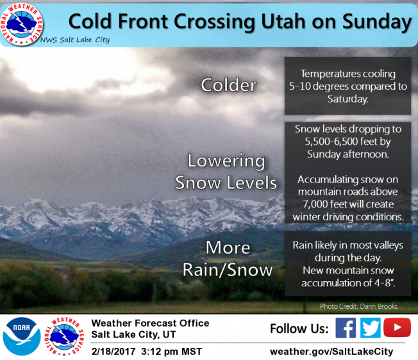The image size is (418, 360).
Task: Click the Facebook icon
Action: [x=346, y=328]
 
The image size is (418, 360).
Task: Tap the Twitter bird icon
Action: [x=371, y=328]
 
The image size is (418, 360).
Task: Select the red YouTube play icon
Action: [x=397, y=327]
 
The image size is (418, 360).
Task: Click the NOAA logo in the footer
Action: [x=22, y=336]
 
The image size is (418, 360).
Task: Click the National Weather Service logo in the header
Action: [x=22, y=24]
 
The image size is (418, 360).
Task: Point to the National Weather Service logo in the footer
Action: [x=64, y=336]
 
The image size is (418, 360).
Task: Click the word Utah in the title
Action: [x=283, y=21]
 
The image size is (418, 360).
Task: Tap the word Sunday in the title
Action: [x=377, y=22]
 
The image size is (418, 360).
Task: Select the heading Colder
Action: [x=229, y=85]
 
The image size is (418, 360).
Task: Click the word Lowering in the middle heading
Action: [x=226, y=161]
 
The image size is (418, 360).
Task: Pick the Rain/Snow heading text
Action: [x=228, y=270]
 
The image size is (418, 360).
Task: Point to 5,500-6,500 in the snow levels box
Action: [x=328, y=142]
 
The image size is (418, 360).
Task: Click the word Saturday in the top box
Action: [x=347, y=99]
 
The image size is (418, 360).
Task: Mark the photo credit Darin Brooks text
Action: [x=379, y=306]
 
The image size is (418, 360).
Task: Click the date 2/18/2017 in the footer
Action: [x=113, y=352]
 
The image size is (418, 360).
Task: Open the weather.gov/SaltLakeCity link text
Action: [x=331, y=352]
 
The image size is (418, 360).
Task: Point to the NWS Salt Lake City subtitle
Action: [x=75, y=40]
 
